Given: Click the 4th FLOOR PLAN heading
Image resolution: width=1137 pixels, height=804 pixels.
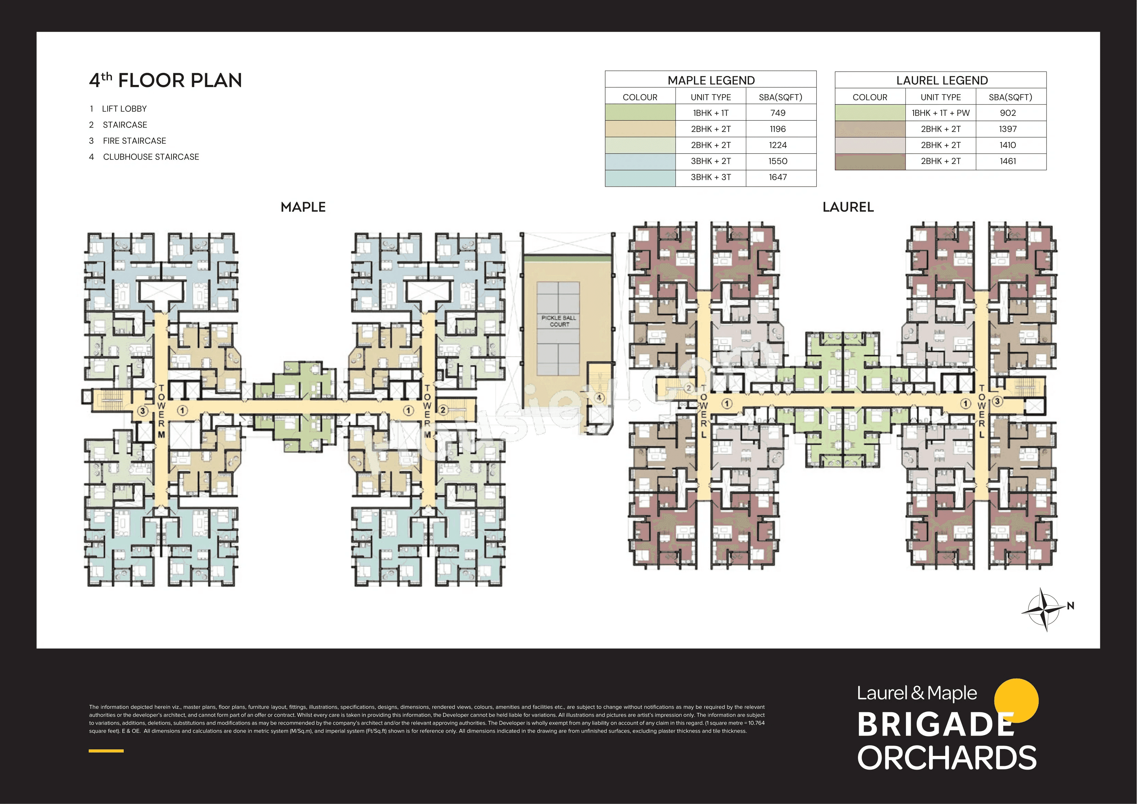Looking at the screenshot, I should pyautogui.click(x=165, y=80).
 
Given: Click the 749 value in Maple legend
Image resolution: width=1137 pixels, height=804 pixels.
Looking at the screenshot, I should pyautogui.click(x=778, y=113).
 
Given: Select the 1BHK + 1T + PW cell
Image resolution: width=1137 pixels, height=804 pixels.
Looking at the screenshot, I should pyautogui.click(x=940, y=113).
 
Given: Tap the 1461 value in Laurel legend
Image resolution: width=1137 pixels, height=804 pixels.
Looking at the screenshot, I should pyautogui.click(x=1008, y=161).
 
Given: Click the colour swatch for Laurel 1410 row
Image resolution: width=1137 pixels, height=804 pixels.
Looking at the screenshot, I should pyautogui.click(x=870, y=145).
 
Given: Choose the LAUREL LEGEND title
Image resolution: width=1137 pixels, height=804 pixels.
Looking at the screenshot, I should pyautogui.click(x=942, y=80).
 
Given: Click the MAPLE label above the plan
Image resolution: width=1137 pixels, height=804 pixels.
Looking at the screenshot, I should pyautogui.click(x=303, y=207).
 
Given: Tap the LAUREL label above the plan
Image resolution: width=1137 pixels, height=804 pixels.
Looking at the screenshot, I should pyautogui.click(x=848, y=207).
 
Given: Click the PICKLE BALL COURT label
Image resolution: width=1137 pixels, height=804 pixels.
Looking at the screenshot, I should pyautogui.click(x=559, y=321).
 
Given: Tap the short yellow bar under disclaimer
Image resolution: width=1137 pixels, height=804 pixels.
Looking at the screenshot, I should pyautogui.click(x=106, y=751).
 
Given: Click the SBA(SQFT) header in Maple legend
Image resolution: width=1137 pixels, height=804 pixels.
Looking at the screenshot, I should pyautogui.click(x=781, y=97).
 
